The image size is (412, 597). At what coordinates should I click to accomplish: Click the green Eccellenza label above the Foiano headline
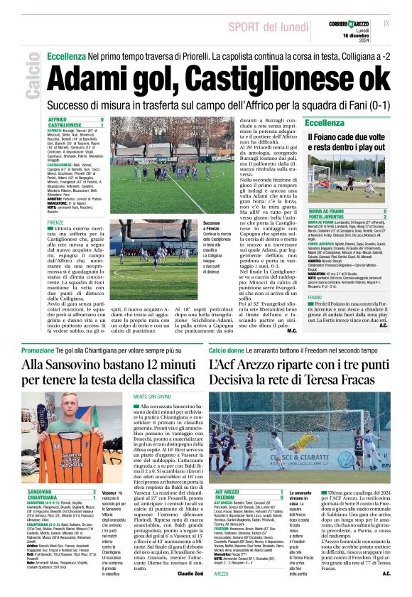[325, 123]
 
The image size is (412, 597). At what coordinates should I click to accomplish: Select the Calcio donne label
[226, 350]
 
